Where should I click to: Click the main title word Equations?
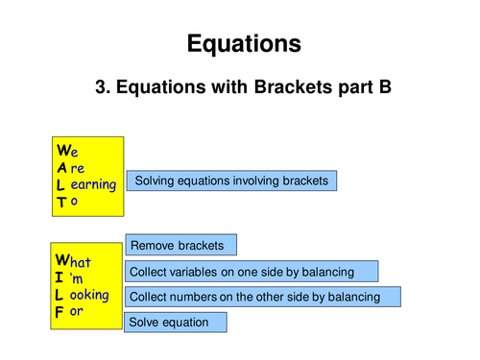(243, 43)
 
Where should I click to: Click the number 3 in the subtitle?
(101, 88)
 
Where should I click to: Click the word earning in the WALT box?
(94, 184)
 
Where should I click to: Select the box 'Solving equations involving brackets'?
(231, 180)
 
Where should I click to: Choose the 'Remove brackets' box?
(180, 246)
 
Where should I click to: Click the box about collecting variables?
(252, 272)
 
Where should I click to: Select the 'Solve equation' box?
(176, 322)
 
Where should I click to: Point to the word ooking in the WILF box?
(90, 295)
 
